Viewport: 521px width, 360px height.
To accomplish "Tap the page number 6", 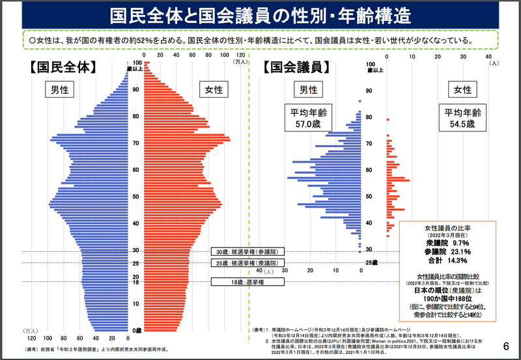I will tap(507, 345).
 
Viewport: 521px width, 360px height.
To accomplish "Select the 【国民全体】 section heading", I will tap(63, 66).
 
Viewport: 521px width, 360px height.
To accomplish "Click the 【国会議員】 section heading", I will tap(296, 66).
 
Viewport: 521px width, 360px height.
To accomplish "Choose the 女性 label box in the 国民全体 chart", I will tap(212, 90).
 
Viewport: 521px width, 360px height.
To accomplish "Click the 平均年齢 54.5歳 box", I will tap(462, 117).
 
